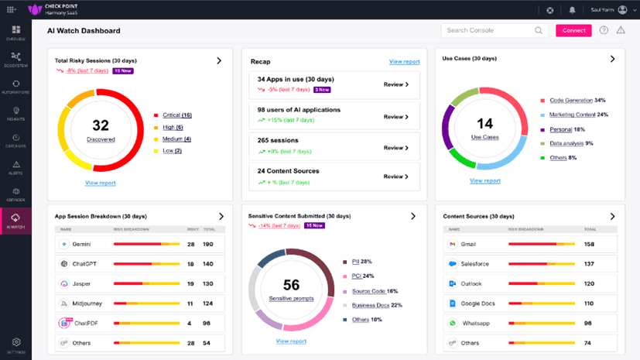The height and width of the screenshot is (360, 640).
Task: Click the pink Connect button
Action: [x=573, y=31]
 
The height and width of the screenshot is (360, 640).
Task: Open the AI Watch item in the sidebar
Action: [x=15, y=219]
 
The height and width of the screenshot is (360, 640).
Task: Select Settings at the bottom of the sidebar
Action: [x=15, y=345]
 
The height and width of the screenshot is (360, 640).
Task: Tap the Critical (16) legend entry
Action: [x=176, y=115]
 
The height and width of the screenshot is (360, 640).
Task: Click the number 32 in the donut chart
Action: [x=101, y=125]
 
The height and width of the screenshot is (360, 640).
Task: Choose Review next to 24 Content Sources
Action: [x=395, y=177]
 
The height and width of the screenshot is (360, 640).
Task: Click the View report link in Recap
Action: [x=404, y=61]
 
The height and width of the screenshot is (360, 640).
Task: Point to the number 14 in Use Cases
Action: [x=484, y=123]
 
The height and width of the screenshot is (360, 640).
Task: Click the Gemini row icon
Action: [x=65, y=244]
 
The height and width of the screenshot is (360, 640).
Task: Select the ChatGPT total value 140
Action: [x=207, y=264]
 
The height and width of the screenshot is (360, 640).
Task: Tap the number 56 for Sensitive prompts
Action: [x=291, y=285]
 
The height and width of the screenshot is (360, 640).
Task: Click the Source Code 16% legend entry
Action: [x=375, y=291]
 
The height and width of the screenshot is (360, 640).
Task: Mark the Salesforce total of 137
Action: [x=588, y=264]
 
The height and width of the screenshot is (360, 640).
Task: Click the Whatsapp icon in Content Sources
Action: [x=452, y=323]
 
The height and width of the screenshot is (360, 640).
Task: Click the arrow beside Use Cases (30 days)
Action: [x=612, y=59]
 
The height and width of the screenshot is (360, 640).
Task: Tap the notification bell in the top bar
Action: [x=572, y=10]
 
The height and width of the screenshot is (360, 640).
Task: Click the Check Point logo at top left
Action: [x=34, y=10]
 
